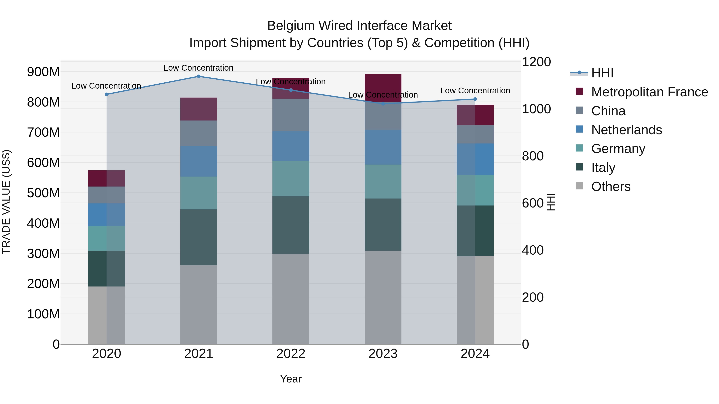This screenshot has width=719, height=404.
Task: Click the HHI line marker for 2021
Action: pos(199,76)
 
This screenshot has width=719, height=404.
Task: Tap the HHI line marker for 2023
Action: pos(383,104)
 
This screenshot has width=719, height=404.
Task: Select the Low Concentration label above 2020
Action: pos(106,86)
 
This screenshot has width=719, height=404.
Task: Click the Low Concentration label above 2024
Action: pos(475,91)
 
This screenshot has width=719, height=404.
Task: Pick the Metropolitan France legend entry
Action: pos(649,92)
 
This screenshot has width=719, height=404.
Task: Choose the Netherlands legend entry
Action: pos(626,130)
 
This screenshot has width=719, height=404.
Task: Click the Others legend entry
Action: pos(611,187)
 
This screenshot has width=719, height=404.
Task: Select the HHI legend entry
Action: pos(602,73)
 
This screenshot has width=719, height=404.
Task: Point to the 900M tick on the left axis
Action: pos(43,72)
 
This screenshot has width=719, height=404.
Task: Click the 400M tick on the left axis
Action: pos(43,223)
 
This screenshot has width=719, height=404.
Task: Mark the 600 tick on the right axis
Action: pos(532,203)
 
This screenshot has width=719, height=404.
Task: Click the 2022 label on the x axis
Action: pos(291,354)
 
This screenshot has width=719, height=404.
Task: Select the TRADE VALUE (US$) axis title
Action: pos(6,202)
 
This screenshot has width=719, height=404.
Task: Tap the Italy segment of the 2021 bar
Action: pos(199,237)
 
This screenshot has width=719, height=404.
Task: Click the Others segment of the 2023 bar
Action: pos(383,297)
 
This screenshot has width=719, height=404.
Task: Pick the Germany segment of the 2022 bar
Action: pos(291,179)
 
